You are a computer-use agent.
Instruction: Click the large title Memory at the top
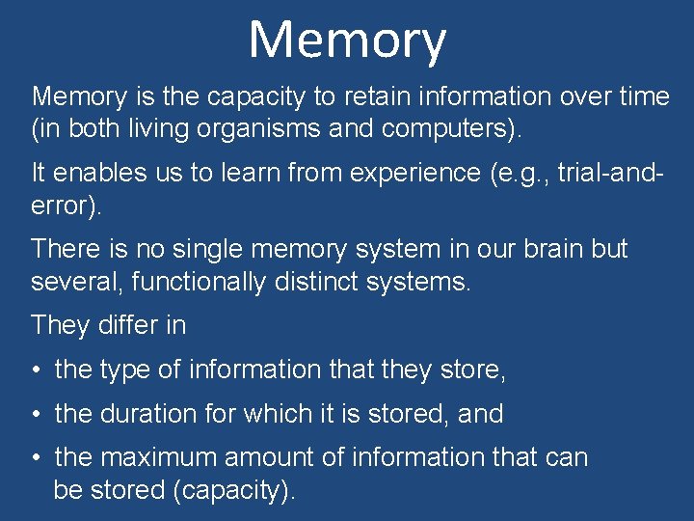pos(347,41)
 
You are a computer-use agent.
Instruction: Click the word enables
pos(96,173)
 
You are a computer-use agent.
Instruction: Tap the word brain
pos(551,249)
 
